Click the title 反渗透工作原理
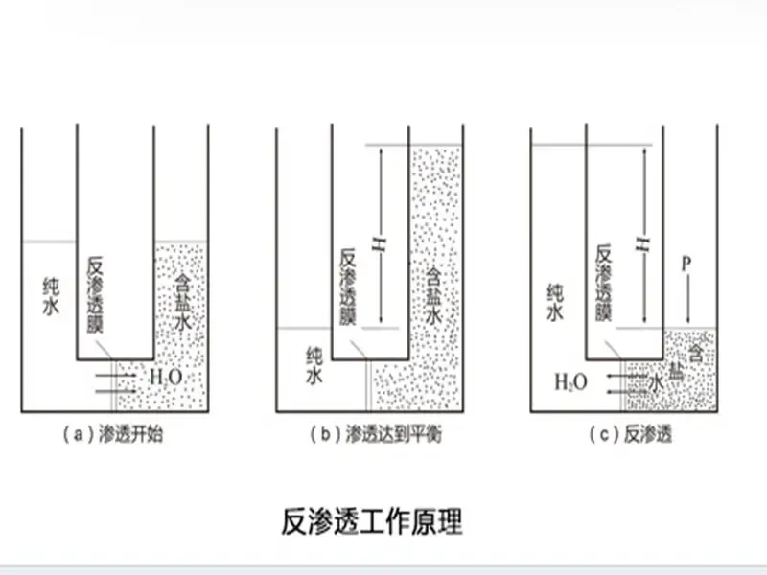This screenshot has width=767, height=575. tap(372, 522)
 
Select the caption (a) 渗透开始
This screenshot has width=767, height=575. tap(113, 434)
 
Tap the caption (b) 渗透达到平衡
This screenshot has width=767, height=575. tap(376, 434)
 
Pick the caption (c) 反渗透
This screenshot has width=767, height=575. tap(631, 434)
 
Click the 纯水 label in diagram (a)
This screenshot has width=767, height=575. tap(51, 296)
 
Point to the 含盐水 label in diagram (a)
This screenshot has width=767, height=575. tap(182, 302)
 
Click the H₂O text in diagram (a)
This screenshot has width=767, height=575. tap(166, 377)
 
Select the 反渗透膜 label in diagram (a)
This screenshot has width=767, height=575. tap(95, 294)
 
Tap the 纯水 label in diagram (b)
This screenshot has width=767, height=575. tap(314, 365)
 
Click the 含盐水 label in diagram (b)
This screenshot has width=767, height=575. tap(433, 295)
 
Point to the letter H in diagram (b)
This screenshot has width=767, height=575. tap(379, 243)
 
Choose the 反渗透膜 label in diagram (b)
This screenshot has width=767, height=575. tap(348, 287)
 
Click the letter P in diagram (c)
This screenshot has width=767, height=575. tap(686, 264)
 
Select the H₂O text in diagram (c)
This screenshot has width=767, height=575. tap(570, 381)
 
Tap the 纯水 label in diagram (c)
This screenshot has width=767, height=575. tap(555, 302)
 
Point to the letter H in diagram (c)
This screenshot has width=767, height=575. tap(642, 243)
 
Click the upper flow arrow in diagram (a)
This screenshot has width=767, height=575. tap(115, 376)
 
